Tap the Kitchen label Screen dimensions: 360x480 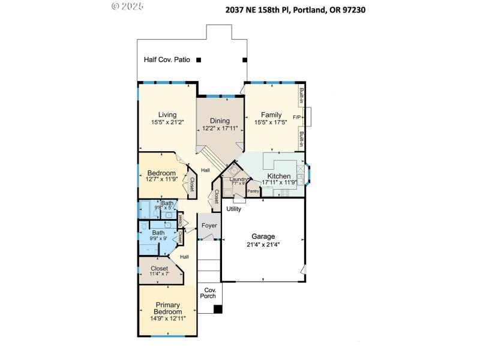pos(278,176)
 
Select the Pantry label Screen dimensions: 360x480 pos(253,191)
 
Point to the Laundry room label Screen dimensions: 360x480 pos(239,179)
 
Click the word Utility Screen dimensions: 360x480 pos(233,209)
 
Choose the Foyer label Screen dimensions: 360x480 pos(209,226)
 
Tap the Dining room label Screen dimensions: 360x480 pos(220,121)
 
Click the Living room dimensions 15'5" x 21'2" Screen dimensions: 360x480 pos(167,122)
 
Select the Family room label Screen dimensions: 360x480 pos(271,115)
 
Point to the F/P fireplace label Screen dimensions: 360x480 pos(296,116)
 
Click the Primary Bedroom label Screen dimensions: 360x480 pos(167,308)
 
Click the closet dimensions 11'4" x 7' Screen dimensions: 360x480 pos(160,274)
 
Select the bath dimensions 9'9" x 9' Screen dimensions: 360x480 pos(158,239)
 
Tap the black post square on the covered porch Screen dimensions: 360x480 pos(218,309)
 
